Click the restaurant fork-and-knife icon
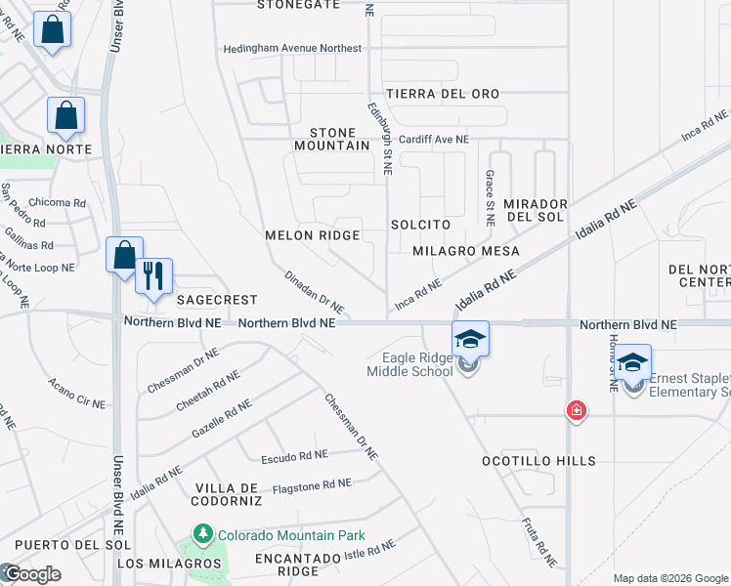point(153,275)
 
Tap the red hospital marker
point(577,410)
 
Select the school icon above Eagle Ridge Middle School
point(470,339)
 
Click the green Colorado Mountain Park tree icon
point(202,534)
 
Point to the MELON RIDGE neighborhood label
point(313,235)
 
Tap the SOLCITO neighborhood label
point(420,225)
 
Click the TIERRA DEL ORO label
point(443,94)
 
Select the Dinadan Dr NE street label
point(315,292)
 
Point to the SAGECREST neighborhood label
point(216,300)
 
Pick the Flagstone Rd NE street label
point(312,484)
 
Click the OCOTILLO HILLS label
point(538,460)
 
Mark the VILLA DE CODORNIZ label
point(228,494)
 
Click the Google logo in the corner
point(31,574)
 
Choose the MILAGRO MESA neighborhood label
point(465,251)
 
